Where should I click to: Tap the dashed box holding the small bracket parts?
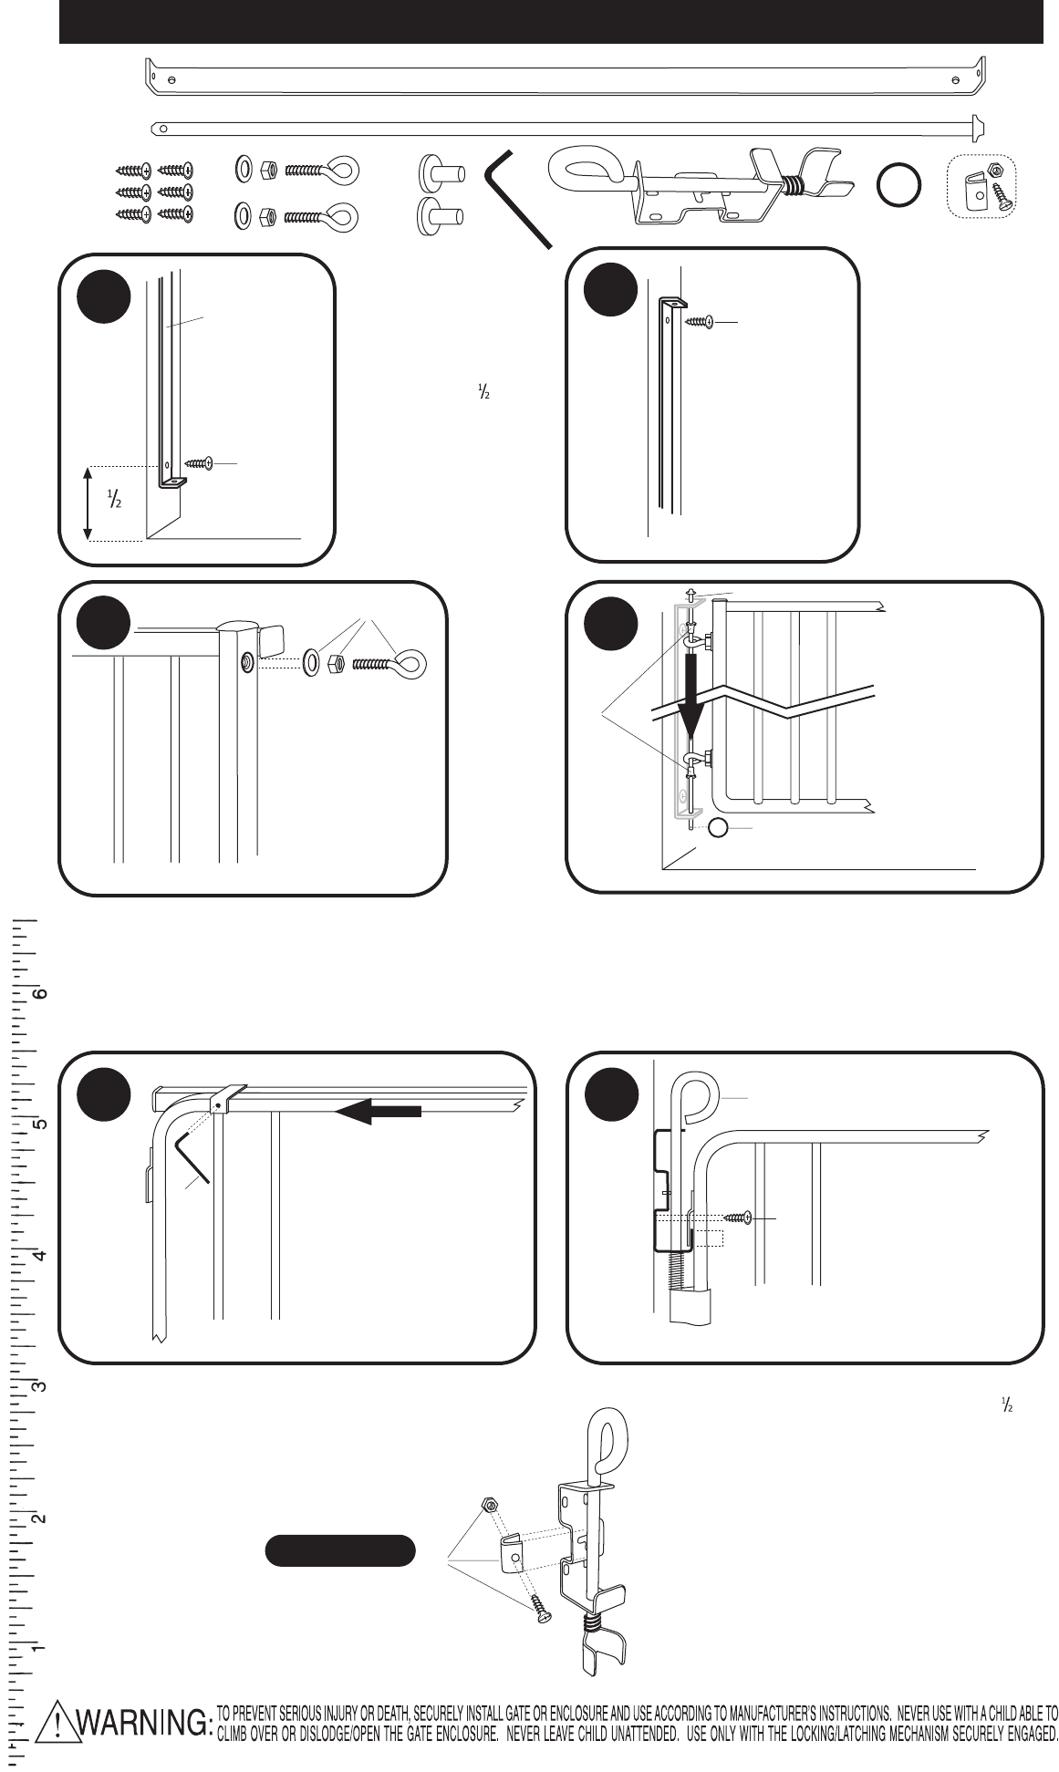pos(982,186)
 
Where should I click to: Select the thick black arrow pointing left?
pos(378,1111)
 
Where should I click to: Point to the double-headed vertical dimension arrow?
pos(87,503)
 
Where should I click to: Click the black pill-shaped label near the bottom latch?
pos(340,1550)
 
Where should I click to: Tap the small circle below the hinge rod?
pos(719,827)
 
